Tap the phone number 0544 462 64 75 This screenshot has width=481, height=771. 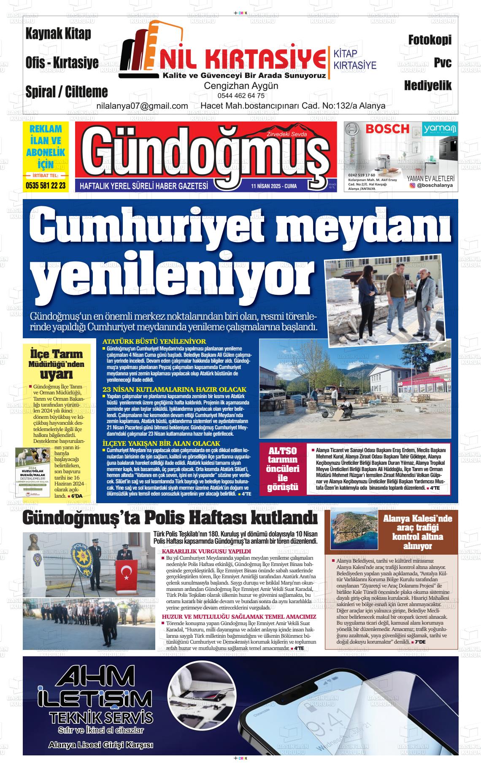pyautogui.click(x=241, y=96)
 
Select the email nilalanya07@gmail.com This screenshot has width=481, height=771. pyautogui.click(x=142, y=106)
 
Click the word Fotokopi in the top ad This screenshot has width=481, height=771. pyautogui.click(x=430, y=40)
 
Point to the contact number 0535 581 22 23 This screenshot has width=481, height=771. pyautogui.click(x=46, y=185)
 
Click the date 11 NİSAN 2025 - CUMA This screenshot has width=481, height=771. pyautogui.click(x=273, y=186)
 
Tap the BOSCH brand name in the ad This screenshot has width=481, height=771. pyautogui.click(x=387, y=129)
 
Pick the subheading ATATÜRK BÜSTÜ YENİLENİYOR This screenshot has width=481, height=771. pyautogui.click(x=154, y=341)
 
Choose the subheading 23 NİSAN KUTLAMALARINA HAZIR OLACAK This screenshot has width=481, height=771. pyautogui.click(x=174, y=389)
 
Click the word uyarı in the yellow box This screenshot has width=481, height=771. pyautogui.click(x=57, y=374)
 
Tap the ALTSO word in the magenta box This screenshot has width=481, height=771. pyautogui.click(x=282, y=451)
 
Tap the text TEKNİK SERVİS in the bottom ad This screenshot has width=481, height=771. pyautogui.click(x=100, y=717)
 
